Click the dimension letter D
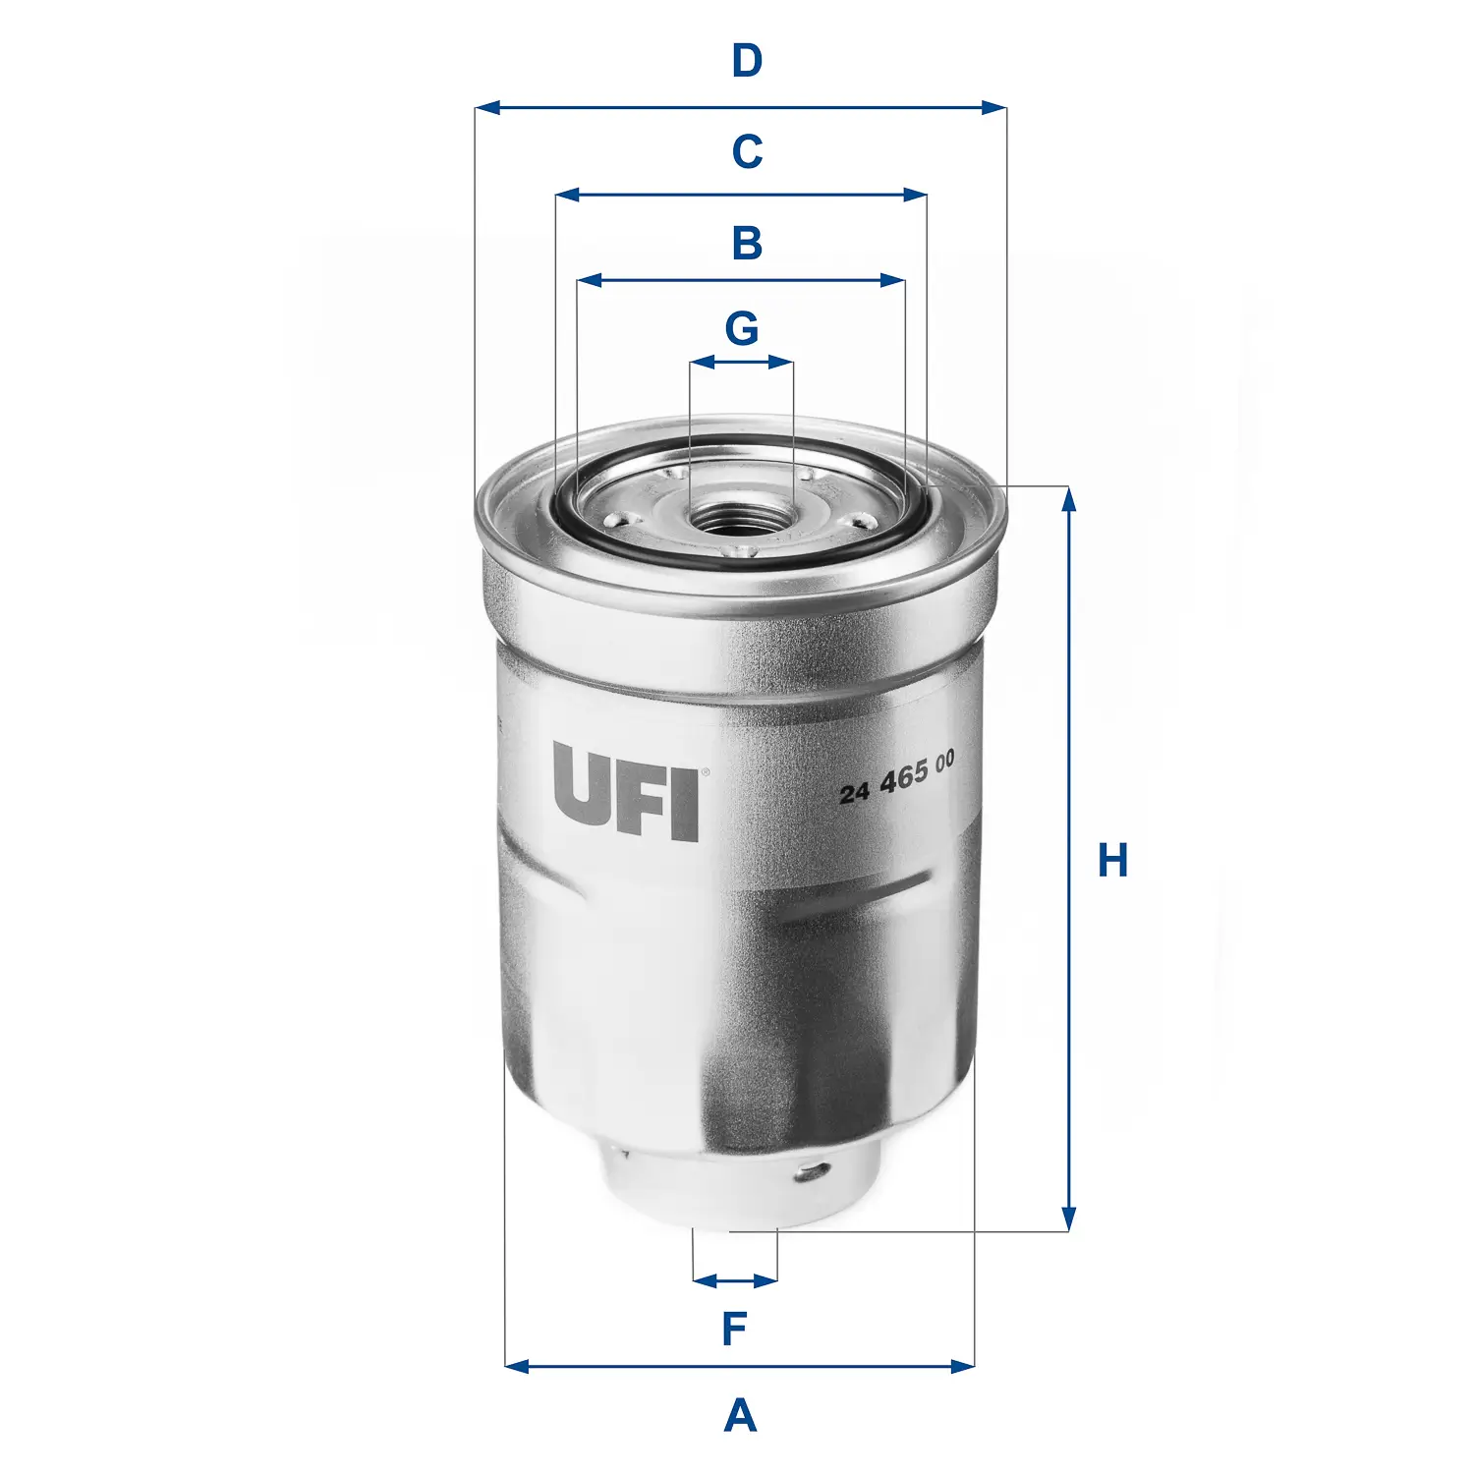747,61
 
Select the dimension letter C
747,152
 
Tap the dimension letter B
747,243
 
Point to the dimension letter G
742,328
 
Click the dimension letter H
1112,861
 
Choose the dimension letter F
735,1330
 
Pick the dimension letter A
740,1416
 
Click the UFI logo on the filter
626,792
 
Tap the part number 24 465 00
896,777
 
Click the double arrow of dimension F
735,1280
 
